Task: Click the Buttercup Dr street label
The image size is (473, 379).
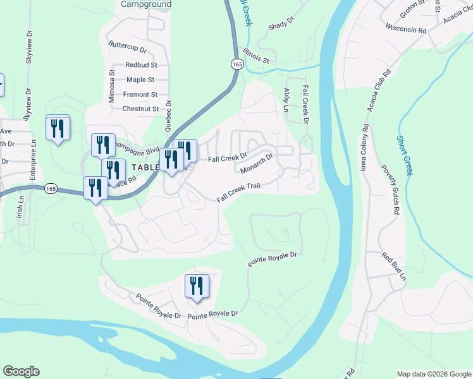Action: point(127,47)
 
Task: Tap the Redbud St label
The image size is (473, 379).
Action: point(140,64)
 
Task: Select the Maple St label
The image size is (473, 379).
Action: point(140,80)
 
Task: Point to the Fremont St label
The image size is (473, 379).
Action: point(140,94)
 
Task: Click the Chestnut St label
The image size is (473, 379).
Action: point(140,109)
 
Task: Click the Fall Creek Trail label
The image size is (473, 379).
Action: point(239,193)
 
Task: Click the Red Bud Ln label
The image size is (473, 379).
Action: point(393,267)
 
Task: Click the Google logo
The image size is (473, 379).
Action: point(21,371)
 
